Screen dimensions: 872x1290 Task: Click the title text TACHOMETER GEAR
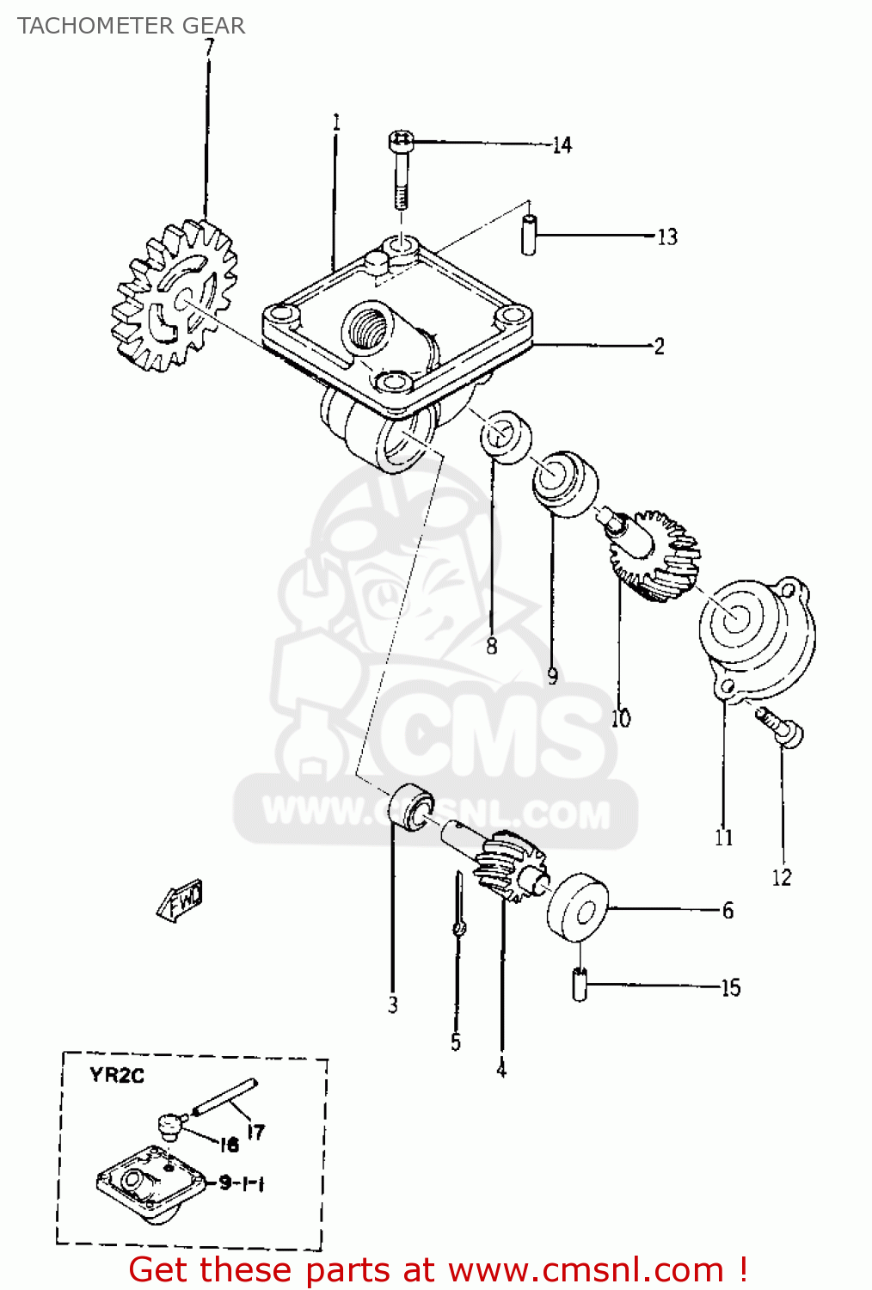(132, 26)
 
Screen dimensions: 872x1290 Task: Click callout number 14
(562, 144)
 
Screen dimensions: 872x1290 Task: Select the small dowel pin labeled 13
(529, 235)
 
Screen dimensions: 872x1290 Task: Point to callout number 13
(667, 236)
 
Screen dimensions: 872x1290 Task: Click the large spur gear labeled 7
(174, 295)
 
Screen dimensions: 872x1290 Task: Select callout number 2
(660, 346)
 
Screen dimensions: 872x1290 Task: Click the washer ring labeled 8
(506, 437)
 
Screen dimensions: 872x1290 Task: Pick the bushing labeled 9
(564, 483)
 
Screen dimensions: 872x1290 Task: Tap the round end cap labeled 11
(757, 640)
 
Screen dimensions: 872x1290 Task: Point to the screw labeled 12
(781, 727)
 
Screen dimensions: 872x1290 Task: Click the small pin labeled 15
(580, 986)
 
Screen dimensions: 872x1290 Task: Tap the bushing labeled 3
(411, 808)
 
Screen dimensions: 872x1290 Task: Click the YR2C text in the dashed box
(116, 1076)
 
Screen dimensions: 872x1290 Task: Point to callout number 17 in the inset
(255, 1133)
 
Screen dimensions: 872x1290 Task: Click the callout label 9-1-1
(242, 1184)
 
